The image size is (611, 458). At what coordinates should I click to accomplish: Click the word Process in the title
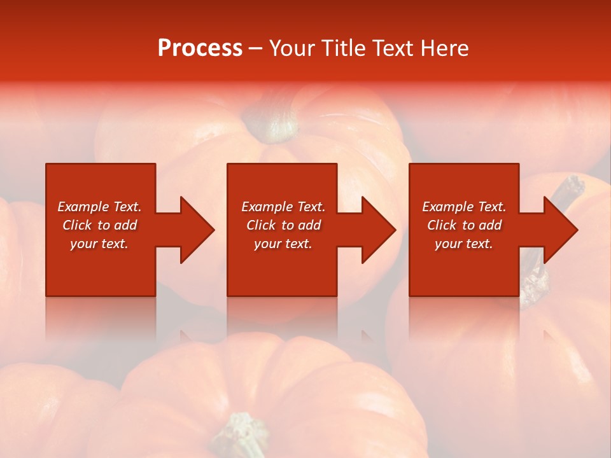[200, 48]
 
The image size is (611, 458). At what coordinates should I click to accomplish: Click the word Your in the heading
[291, 48]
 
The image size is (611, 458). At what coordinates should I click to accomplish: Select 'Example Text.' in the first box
[99, 207]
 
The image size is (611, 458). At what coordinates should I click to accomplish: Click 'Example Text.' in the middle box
[283, 207]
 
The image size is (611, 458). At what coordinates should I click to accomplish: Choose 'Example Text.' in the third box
[464, 207]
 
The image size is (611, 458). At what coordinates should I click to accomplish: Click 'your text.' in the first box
[99, 244]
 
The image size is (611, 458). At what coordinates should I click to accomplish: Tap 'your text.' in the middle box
[283, 244]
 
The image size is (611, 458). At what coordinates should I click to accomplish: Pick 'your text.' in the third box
[464, 244]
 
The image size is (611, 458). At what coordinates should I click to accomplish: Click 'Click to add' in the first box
[99, 225]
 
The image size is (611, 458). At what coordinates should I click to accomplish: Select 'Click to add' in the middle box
[283, 225]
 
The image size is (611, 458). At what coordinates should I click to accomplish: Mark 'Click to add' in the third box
[464, 225]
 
